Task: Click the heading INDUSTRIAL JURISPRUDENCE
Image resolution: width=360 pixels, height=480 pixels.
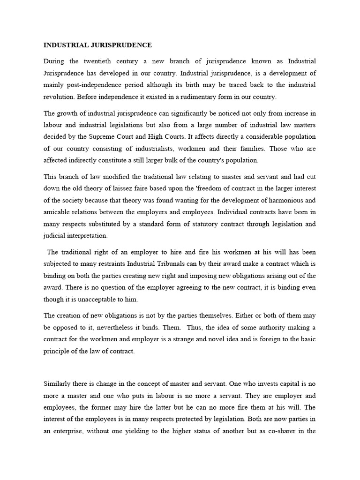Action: click(x=97, y=45)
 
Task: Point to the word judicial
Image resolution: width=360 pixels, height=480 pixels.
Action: click(x=55, y=235)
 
